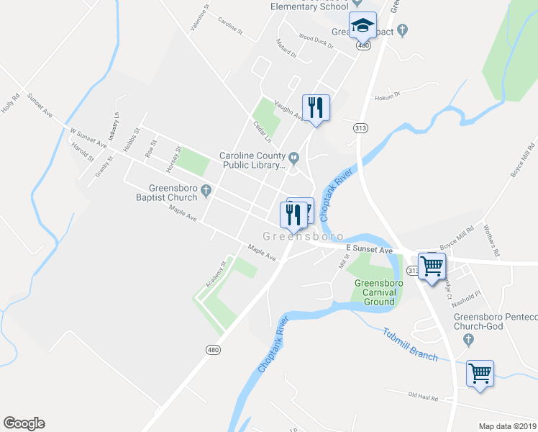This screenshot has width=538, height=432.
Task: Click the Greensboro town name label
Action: point(302,236)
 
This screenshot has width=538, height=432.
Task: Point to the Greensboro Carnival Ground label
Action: point(378,292)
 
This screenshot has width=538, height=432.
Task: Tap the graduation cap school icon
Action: point(363,27)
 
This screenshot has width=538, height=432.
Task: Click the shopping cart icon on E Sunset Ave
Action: point(432,266)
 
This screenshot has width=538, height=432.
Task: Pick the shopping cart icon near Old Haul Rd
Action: point(480,374)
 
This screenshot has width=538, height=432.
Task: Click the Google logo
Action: point(24,423)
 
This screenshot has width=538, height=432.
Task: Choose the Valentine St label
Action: point(199,17)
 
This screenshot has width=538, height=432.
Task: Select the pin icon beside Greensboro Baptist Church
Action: point(206,191)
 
